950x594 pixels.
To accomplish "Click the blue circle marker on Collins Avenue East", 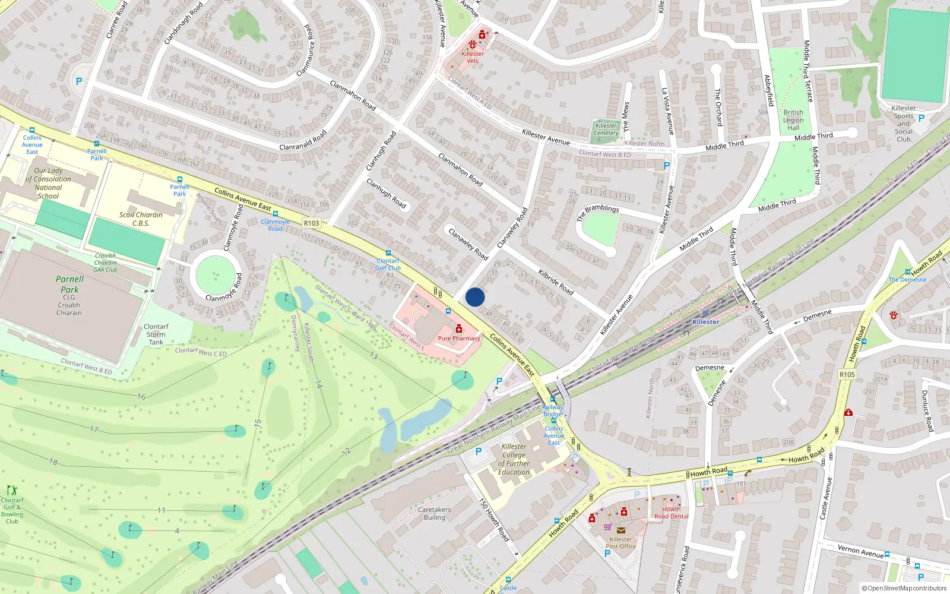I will point(475,297).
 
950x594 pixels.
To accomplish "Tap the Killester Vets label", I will point(473,57).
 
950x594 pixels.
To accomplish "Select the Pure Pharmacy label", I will point(459,339).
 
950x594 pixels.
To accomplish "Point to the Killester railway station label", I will point(706,322).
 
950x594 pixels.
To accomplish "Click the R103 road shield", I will point(311,223).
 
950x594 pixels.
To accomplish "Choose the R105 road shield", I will point(847,375).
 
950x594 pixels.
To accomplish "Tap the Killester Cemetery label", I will point(606,129).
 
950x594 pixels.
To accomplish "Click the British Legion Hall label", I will point(793,120).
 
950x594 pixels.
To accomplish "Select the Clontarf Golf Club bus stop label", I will point(388,264).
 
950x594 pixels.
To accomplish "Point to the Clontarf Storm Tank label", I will point(156,334).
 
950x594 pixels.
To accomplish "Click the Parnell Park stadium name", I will point(69,285).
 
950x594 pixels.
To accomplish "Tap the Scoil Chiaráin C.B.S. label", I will point(141,219).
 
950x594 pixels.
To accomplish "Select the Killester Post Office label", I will point(620,543).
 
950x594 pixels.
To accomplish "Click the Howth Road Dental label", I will point(672,513).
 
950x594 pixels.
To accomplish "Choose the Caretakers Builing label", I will point(434,514).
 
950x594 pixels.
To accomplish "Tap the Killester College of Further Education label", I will point(514,460).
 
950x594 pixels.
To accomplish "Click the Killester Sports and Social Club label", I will point(904,124).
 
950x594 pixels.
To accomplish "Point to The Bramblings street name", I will point(598,212).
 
